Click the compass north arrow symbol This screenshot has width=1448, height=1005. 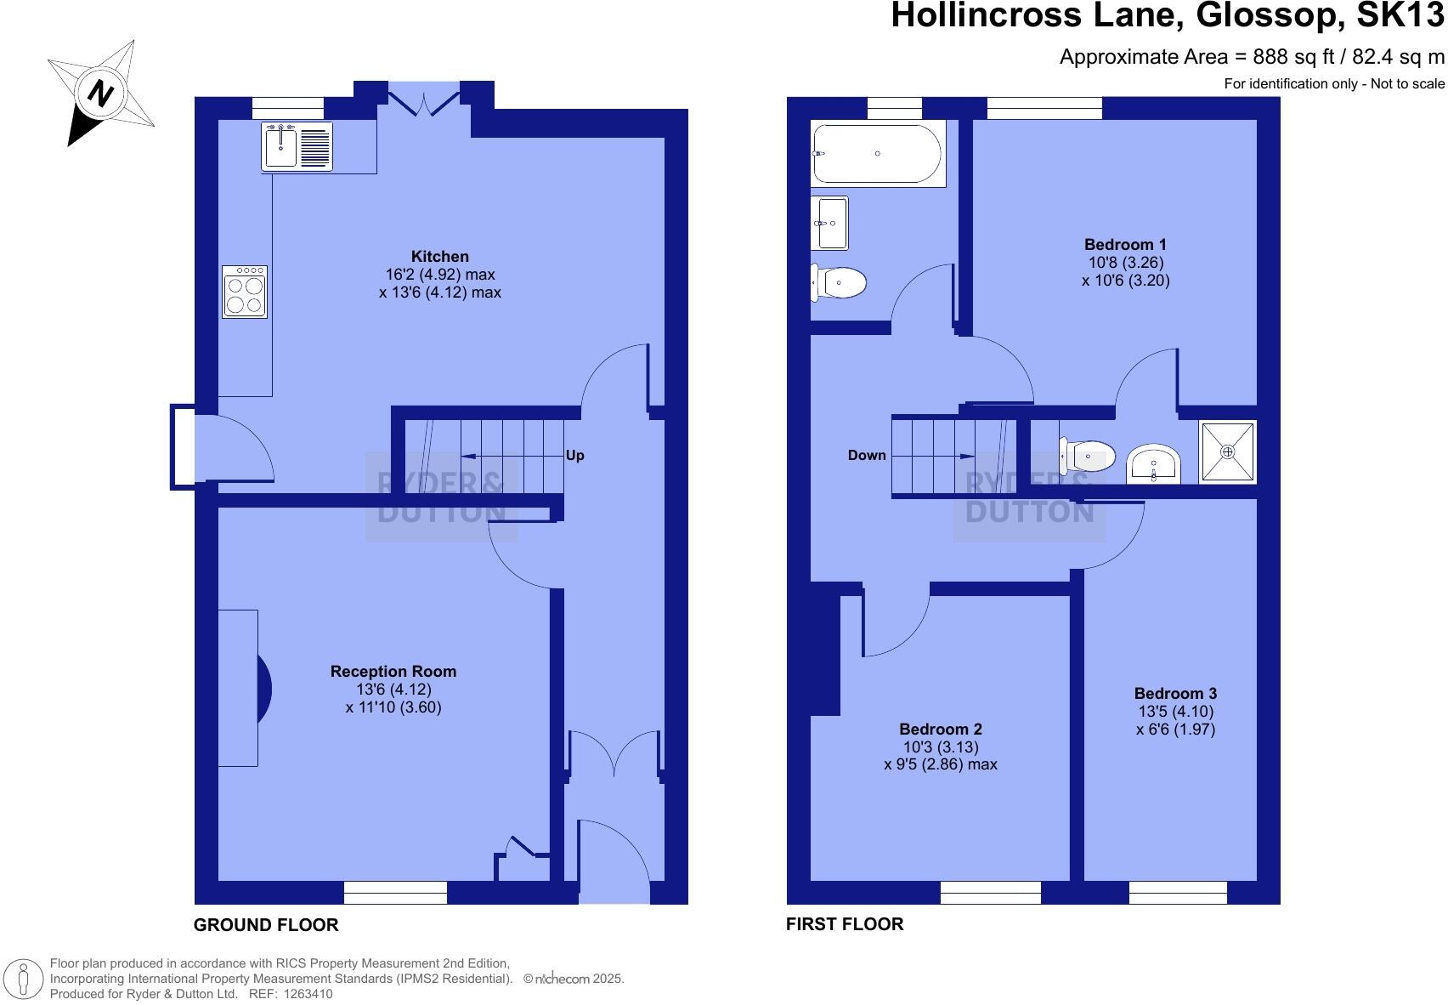100,92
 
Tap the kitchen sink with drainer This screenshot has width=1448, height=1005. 297,147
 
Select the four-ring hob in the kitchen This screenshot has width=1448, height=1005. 245,292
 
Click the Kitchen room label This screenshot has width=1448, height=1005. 439,256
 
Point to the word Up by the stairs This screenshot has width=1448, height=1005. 575,456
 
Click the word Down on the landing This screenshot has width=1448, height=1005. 866,456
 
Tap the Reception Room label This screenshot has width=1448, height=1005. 393,672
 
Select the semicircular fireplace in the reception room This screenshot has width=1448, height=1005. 263,687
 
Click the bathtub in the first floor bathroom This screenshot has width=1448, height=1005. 877,154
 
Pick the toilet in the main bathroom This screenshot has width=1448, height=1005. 839,282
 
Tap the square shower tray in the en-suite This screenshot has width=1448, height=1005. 1227,452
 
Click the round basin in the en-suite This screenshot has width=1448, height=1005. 1153,464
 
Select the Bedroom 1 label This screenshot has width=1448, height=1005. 1125,245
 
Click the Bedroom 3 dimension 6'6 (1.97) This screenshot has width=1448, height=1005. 1176,730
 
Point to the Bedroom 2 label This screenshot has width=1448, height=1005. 941,730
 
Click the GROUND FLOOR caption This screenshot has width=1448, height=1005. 266,925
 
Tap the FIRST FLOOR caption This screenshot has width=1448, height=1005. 844,924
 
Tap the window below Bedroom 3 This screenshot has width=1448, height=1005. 1178,892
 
